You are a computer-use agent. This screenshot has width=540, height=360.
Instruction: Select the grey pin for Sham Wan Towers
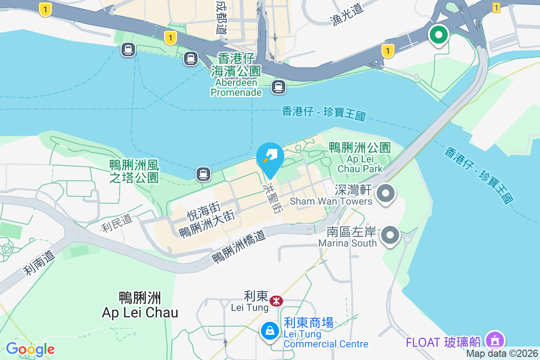point(385,194)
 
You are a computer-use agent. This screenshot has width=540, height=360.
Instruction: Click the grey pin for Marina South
point(391,235)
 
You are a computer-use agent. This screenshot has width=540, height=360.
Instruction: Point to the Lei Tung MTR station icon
point(276,301)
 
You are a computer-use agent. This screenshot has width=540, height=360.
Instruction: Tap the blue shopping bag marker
point(270,331)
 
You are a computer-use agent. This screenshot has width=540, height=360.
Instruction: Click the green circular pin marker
point(438,35)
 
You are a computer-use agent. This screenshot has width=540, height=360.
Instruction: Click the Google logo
point(30,349)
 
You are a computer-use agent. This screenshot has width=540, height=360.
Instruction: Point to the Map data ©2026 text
point(502,354)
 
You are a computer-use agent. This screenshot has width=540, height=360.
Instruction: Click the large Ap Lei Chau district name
point(140,305)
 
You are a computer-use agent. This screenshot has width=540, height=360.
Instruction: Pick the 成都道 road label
point(221,18)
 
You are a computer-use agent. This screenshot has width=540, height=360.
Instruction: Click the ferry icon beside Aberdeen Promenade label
point(279,86)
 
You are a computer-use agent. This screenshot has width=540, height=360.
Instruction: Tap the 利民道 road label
point(117,223)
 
